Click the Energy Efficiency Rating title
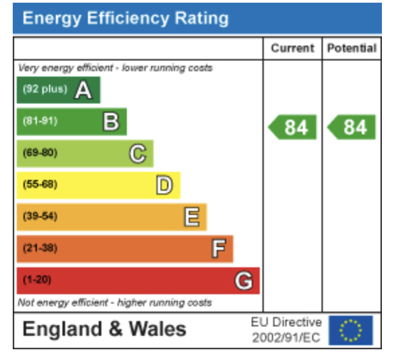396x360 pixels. (126, 18)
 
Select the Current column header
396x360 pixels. (293, 48)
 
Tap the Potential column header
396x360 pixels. (352, 48)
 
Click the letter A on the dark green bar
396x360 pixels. (83, 90)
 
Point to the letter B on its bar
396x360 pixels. (111, 122)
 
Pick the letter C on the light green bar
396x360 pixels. (138, 153)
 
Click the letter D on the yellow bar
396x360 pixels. (164, 185)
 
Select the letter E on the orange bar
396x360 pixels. (192, 217)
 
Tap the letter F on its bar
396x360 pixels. (218, 249)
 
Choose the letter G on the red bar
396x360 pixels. (244, 281)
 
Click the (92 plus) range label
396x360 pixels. (45, 89)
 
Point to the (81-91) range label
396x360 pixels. (40, 121)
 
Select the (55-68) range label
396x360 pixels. (40, 184)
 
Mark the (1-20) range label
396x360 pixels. (37, 280)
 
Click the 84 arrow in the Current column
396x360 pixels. (292, 127)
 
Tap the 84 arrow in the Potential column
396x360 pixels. (351, 127)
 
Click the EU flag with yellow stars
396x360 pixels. (351, 330)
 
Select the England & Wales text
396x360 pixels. (104, 329)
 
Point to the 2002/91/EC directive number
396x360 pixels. (287, 338)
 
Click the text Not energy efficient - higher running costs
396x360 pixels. (115, 302)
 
